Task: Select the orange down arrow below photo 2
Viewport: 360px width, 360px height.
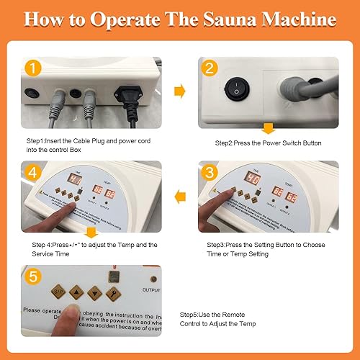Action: [269, 129]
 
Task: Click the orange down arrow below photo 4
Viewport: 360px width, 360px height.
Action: [91, 233]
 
